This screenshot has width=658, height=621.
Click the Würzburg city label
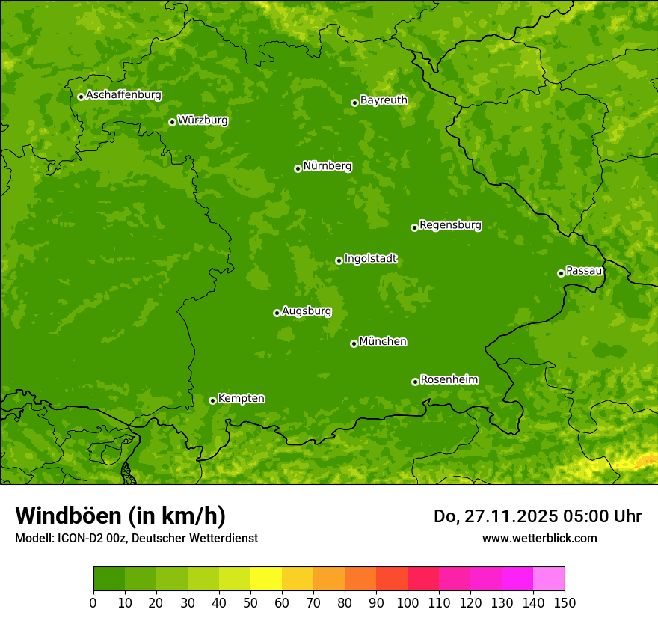203,120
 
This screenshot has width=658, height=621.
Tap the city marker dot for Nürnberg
298,168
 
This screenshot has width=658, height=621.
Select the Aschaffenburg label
123,95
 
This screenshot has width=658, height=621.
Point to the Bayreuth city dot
354,103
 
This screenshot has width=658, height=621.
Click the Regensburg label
450,225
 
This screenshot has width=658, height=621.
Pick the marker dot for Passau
561,273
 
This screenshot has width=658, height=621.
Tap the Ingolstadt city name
370,259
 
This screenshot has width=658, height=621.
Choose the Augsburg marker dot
277,313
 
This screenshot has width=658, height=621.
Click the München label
383,342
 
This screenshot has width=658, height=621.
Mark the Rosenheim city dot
415,382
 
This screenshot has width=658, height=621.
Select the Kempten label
241,399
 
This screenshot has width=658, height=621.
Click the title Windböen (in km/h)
120,516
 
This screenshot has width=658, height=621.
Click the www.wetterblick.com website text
539,538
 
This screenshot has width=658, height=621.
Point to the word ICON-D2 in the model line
80,538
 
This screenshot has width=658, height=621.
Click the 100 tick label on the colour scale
408,602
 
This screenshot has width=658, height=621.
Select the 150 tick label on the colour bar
565,602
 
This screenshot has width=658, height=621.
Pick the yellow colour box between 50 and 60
265,579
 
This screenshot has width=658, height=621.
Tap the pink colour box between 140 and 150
548,579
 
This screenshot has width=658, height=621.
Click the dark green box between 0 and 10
108,579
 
